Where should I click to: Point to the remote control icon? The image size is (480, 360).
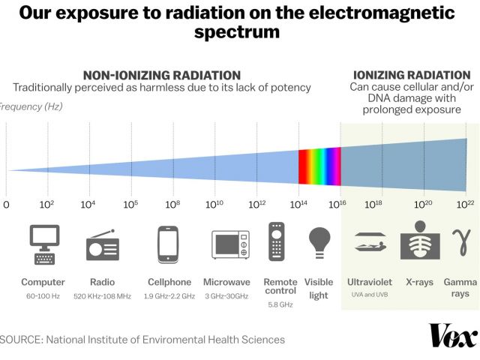coord(277,241)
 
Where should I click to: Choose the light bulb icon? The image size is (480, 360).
coord(319,243)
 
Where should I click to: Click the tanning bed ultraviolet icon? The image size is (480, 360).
coord(369,241)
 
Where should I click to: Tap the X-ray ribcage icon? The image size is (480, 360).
coord(420,242)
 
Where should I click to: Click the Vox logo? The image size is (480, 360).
coord(453,335)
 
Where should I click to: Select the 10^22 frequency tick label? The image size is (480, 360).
coord(466,204)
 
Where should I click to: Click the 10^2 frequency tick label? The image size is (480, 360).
coord(47,204)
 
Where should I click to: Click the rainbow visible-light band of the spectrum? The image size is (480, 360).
coord(320,166)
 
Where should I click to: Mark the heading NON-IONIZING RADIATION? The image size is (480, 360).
coord(161,75)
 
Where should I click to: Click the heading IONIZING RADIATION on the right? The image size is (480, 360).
coord(411,75)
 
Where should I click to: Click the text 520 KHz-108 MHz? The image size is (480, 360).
coord(103,296)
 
